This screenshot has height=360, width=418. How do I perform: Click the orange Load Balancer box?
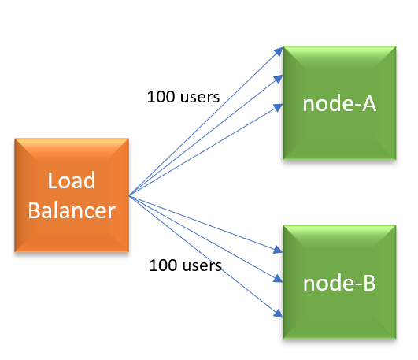[72, 195]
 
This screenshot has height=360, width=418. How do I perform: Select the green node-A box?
[339, 103]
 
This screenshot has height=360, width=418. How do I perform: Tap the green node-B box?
[339, 282]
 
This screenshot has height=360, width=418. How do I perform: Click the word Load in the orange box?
[72, 180]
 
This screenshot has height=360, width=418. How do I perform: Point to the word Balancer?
[72, 210]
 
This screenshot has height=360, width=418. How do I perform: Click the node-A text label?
[339, 104]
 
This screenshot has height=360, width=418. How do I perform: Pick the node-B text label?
[339, 283]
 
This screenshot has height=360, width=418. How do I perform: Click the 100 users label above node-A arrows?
[183, 97]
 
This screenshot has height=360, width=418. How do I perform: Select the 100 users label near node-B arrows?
[186, 265]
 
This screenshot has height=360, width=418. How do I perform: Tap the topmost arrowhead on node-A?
[279, 51]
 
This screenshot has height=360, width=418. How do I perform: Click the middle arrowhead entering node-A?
[279, 79]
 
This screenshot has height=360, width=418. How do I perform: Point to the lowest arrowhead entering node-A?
[279, 108]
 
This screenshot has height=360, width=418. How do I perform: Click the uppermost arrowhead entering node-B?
[279, 250]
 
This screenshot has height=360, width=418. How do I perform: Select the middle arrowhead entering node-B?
[279, 278]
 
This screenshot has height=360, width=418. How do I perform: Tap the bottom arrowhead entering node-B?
[279, 314]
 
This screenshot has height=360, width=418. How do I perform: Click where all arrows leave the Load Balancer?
[129, 196]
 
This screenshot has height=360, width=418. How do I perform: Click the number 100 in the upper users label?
[161, 97]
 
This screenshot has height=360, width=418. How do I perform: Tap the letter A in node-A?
[369, 104]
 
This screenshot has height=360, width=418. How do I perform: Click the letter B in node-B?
[369, 283]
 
